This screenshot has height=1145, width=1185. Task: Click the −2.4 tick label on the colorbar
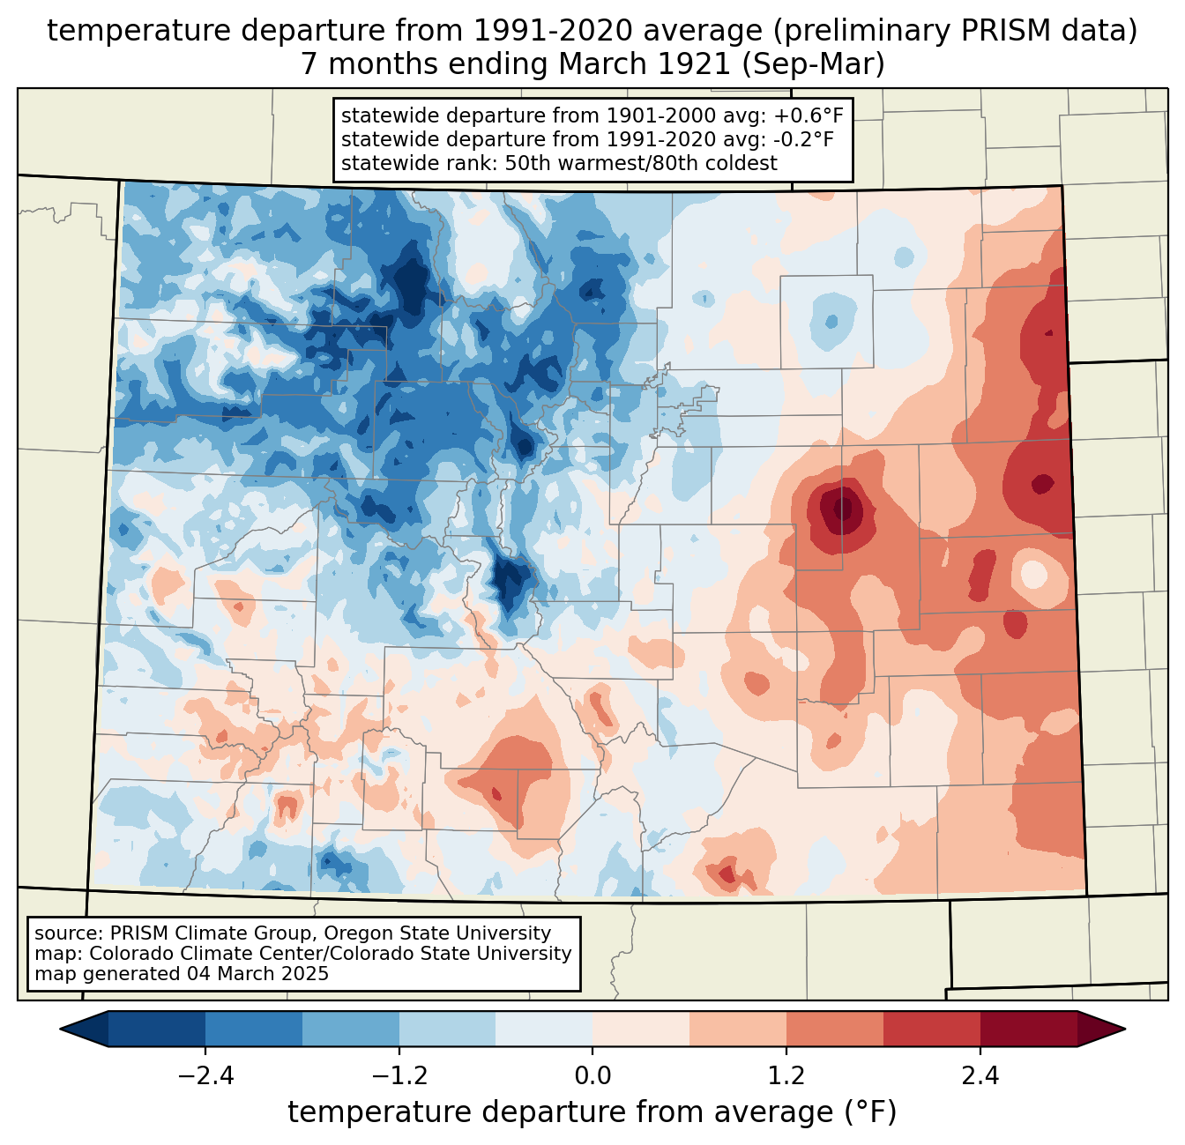coord(205,1076)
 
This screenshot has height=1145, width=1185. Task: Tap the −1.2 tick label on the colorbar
coord(399,1076)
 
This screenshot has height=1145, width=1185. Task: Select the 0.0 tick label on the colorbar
coord(592,1076)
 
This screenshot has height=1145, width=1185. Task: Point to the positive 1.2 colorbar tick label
coord(786,1076)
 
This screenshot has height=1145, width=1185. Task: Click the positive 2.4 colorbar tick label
coord(980,1076)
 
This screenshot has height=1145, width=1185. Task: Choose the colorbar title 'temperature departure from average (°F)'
coord(592,1112)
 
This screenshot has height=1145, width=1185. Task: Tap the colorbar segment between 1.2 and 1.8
coord(835,1029)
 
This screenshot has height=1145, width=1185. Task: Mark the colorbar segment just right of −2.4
coord(254,1029)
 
